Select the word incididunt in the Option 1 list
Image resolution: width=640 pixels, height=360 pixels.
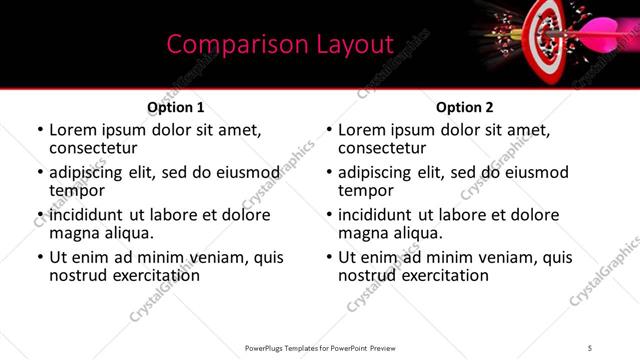coord(88,215)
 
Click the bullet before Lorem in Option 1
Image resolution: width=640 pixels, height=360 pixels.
coord(40,131)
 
